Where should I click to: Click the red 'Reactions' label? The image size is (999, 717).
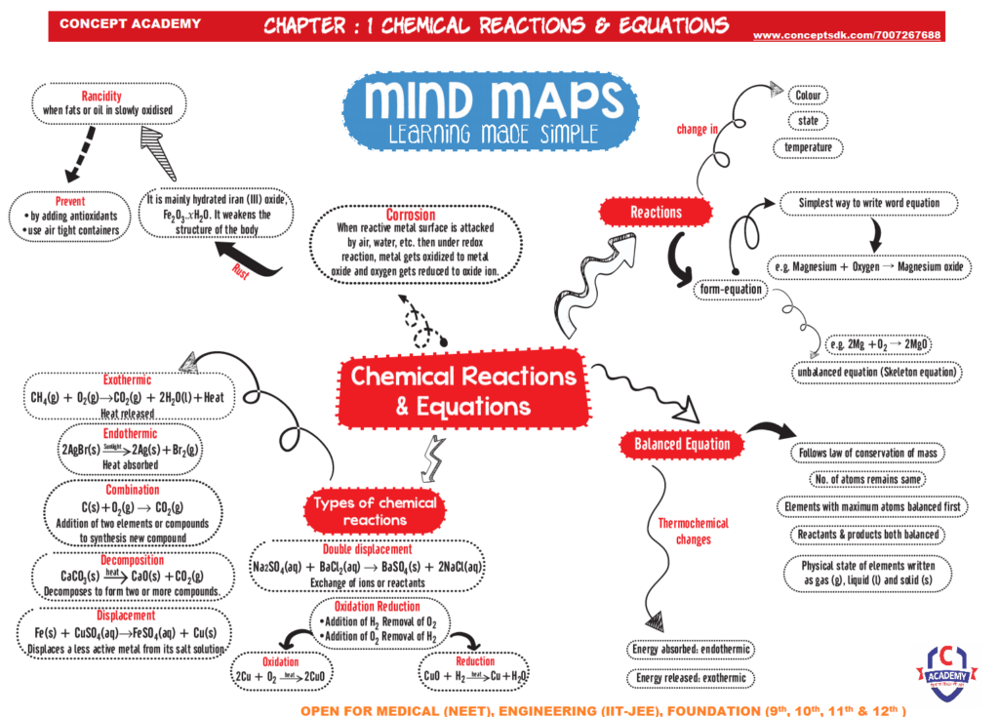pyautogui.click(x=656, y=212)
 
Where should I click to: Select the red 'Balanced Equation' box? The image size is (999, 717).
pyautogui.click(x=682, y=444)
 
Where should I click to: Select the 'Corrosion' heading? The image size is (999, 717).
pyautogui.click(x=411, y=215)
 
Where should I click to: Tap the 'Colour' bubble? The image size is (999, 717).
pyautogui.click(x=809, y=96)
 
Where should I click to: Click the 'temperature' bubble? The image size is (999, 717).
pyautogui.click(x=809, y=147)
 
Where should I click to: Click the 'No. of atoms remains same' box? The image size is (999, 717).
pyautogui.click(x=867, y=479)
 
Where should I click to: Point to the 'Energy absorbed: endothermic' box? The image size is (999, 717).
pyautogui.click(x=691, y=650)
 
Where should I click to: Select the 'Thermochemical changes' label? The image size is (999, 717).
pyautogui.click(x=693, y=531)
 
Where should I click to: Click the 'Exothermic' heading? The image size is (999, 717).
pyautogui.click(x=128, y=379)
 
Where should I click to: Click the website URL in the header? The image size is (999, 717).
pyautogui.click(x=847, y=35)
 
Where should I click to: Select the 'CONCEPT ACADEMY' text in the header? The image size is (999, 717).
pyautogui.click(x=131, y=24)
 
